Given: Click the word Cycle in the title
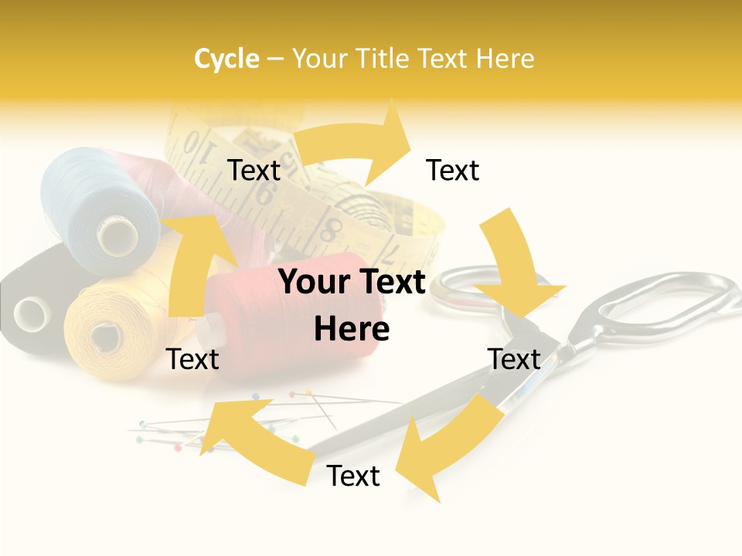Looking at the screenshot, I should point(226,59).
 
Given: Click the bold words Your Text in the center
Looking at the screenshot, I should point(352,283).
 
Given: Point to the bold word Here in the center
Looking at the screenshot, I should point(352,330).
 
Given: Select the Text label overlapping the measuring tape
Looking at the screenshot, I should point(254,170).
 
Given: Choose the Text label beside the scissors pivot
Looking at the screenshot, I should point(514,359).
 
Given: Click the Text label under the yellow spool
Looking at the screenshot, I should point(192,359).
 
